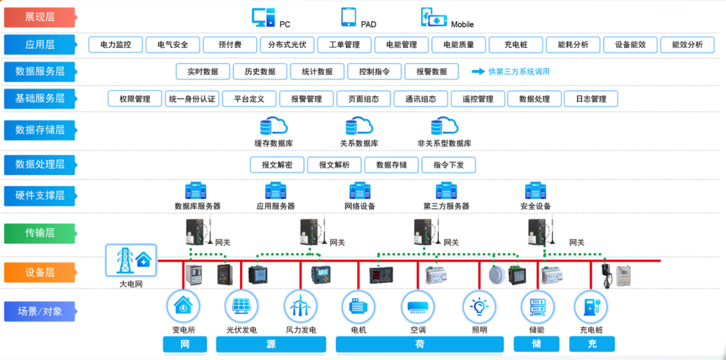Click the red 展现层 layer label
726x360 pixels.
pos(40,17)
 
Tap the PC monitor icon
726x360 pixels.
pos(263,17)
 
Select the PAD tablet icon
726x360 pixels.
pos(349,17)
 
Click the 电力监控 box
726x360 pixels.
pos(116,44)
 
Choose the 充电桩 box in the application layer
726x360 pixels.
pos(516,44)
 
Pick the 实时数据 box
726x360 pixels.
pos(203,71)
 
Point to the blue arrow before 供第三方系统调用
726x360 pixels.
pos(478,71)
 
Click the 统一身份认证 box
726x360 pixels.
pos(192,99)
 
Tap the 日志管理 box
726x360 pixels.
pos(591,99)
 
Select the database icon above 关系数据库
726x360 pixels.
pos(359,126)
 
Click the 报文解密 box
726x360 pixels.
pos(277,165)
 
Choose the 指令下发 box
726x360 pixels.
pos(449,165)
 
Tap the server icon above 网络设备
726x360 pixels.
pos(360,191)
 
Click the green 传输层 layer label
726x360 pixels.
pos(40,233)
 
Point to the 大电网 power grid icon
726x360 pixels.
pos(131,260)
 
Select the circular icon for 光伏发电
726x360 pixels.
pos(242,306)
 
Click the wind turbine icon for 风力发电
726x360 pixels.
pos(301,306)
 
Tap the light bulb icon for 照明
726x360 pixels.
pos(479,306)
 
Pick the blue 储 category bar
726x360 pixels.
pos(536,344)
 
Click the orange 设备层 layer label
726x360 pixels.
pos(40,272)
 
